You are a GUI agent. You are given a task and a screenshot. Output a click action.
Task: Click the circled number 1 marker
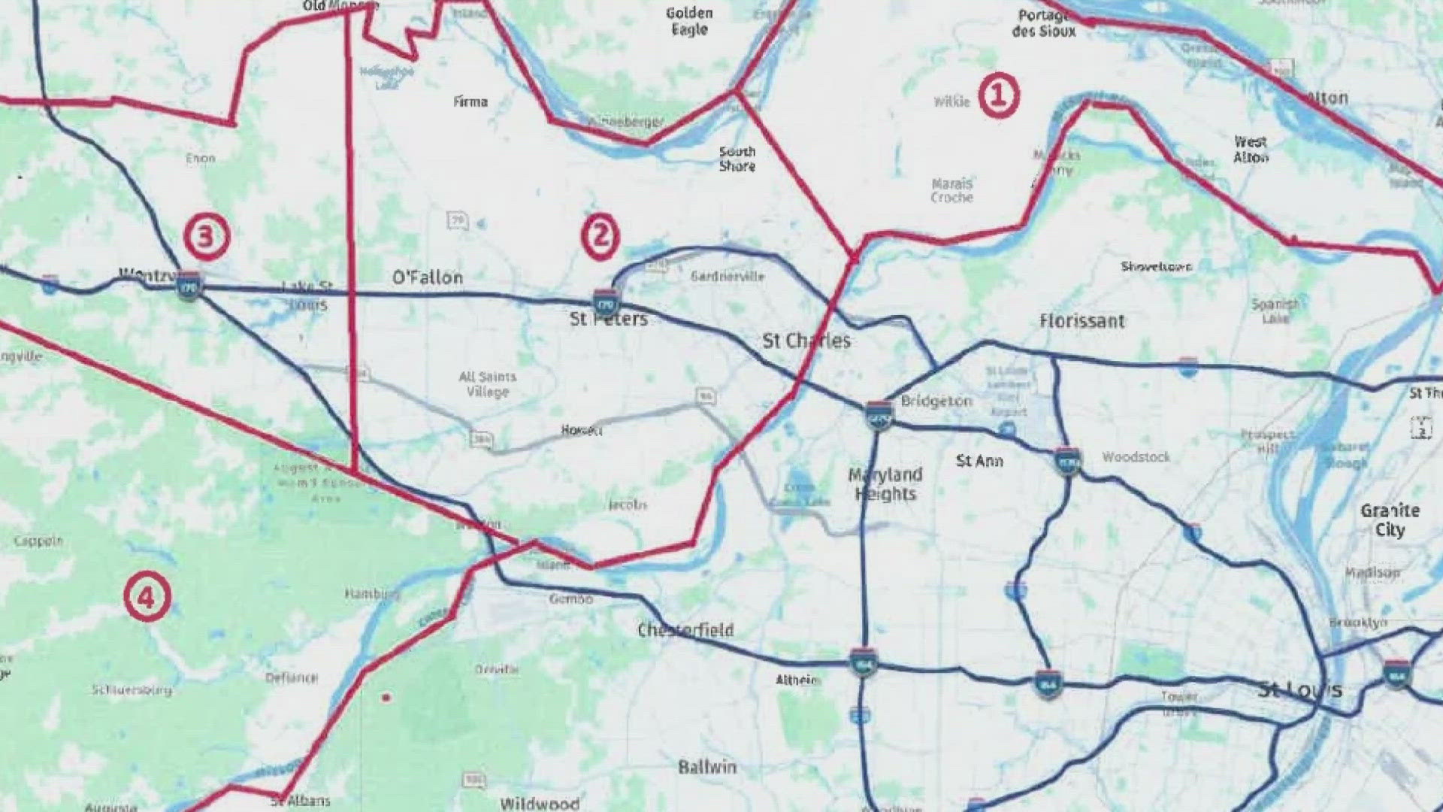coord(998,96)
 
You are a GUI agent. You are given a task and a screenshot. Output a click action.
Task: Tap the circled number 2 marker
coord(600,237)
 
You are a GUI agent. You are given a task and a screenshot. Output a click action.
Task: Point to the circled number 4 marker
coord(147,597)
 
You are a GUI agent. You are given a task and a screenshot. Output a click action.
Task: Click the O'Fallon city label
coord(428,277)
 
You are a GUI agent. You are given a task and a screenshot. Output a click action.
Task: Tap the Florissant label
coord(1081,321)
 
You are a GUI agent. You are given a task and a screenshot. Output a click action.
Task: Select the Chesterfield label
coord(685,630)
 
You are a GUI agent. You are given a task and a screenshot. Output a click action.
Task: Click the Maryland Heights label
coord(885,484)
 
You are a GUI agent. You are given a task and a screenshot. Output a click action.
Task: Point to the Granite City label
coord(1390,520)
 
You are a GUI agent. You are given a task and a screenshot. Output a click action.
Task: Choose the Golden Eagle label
coord(689,21)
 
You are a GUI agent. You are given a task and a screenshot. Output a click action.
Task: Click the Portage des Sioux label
coord(1043,23)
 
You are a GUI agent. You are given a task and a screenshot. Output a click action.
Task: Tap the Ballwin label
coord(707,767)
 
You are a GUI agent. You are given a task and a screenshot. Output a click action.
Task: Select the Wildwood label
coord(540,803)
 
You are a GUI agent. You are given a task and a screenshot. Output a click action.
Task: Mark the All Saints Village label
coord(488,383)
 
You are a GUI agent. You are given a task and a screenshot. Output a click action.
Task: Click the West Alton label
coord(1251,149)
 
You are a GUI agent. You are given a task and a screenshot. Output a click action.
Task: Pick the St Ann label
coord(979,460)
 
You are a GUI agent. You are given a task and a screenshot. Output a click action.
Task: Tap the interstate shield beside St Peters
coord(606,301)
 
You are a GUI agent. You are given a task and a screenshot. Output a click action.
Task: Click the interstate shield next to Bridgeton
coord(878,414)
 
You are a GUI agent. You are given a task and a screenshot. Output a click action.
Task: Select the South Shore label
coord(737,159)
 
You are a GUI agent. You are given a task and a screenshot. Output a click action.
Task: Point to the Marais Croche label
coord(951,190)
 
